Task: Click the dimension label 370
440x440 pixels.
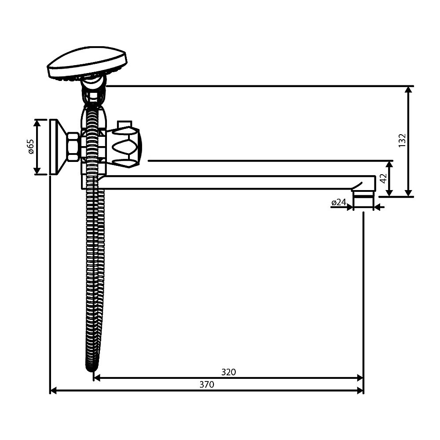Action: pyautogui.click(x=206, y=384)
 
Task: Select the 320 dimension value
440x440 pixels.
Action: pyautogui.click(x=228, y=372)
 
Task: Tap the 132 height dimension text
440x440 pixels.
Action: pyautogui.click(x=402, y=140)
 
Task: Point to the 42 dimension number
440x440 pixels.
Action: pyautogui.click(x=383, y=178)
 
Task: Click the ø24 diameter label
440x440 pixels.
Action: pyautogui.click(x=339, y=202)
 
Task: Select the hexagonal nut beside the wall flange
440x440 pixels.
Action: pyautogui.click(x=73, y=147)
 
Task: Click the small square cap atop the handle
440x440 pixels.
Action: pyautogui.click(x=125, y=124)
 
